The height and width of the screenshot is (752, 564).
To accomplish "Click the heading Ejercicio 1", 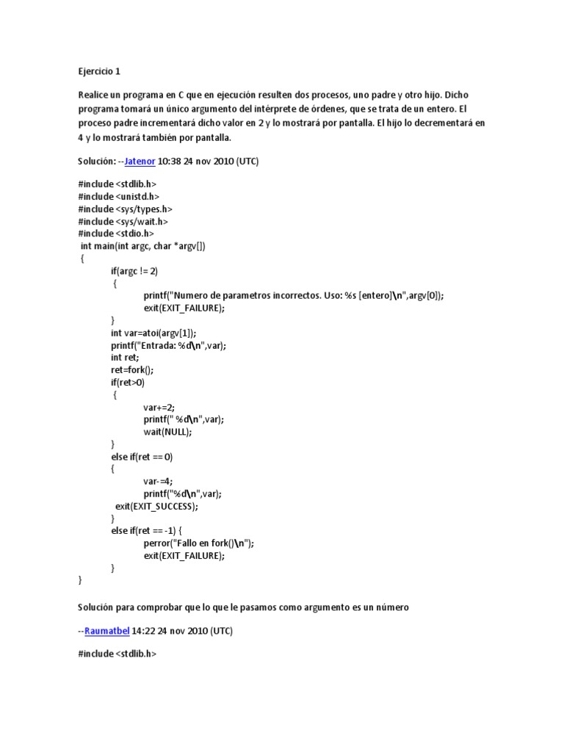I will (98, 72).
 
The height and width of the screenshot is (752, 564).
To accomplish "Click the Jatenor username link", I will (140, 161).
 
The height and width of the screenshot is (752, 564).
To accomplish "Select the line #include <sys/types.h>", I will (125, 209).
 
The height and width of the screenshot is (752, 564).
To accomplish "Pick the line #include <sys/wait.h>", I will (123, 221).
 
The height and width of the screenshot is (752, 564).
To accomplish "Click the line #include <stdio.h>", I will (116, 234).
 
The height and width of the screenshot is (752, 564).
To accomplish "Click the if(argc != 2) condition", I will (134, 271).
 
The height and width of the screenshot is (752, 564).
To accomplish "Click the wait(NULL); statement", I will (167, 432).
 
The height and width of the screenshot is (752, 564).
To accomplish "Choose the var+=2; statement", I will (160, 407).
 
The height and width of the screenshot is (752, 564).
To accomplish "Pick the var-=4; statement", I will (160, 481).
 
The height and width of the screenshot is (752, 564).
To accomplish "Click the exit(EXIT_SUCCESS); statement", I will (157, 506).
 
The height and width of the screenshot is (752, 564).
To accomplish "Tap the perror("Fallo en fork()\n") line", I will (199, 543).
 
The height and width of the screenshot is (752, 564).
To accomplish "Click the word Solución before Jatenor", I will (95, 161).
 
